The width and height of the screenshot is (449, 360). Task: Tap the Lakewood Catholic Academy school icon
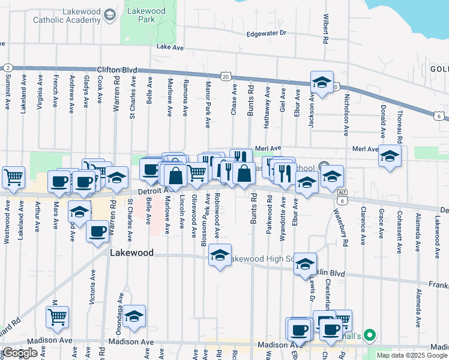[109, 14]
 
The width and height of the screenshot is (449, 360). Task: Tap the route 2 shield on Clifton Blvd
[8, 67]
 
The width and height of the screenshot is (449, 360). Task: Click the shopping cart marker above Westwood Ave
[13, 178]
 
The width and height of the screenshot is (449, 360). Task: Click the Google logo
[20, 353]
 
